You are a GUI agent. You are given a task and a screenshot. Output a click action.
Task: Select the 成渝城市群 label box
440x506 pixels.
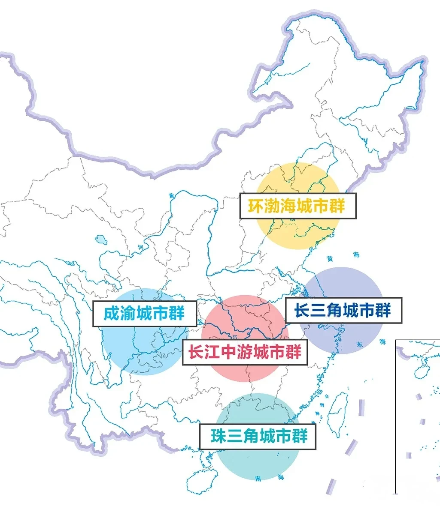pyautogui.click(x=145, y=314)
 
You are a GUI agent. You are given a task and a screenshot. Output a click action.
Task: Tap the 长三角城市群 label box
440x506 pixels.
pyautogui.click(x=343, y=310)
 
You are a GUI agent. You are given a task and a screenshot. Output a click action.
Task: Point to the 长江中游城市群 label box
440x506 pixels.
pyautogui.click(x=245, y=352)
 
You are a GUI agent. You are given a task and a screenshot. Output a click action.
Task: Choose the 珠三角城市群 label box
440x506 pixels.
pyautogui.click(x=258, y=437)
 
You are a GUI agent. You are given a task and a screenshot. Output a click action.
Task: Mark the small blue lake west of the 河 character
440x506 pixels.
pyautogui.click(x=101, y=238)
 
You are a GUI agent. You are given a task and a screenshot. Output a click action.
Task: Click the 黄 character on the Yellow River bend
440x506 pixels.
pyautogui.click(x=172, y=195)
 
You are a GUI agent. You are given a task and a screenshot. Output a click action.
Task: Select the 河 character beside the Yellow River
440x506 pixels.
pyautogui.click(x=140, y=248)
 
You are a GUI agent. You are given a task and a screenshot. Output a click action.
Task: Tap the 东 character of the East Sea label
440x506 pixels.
pyautogui.click(x=359, y=344)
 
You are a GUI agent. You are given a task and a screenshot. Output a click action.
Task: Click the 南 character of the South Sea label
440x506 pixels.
pyautogui.click(x=258, y=478)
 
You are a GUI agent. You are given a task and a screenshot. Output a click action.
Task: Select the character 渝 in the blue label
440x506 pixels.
pyautogui.click(x=128, y=314)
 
